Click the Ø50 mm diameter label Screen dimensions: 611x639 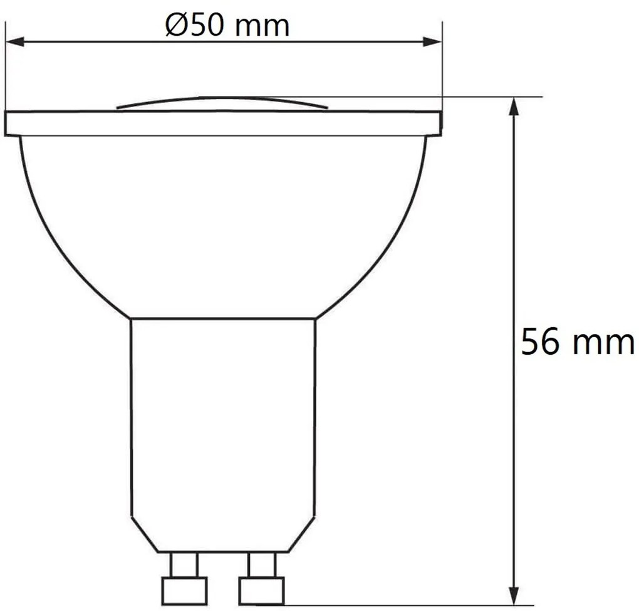click(227, 26)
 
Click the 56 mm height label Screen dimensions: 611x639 click(577, 342)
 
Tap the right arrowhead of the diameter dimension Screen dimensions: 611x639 click(433, 42)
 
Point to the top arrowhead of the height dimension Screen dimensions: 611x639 click(514, 107)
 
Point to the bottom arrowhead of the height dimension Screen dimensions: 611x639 click(514, 595)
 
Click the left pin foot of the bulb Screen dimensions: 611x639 click(184, 590)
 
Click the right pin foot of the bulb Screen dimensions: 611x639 click(261, 590)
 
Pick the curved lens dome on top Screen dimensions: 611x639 click(222, 103)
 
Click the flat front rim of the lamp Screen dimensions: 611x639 click(222, 123)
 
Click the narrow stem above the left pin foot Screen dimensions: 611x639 click(184, 564)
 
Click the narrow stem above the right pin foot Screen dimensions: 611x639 click(261, 564)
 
